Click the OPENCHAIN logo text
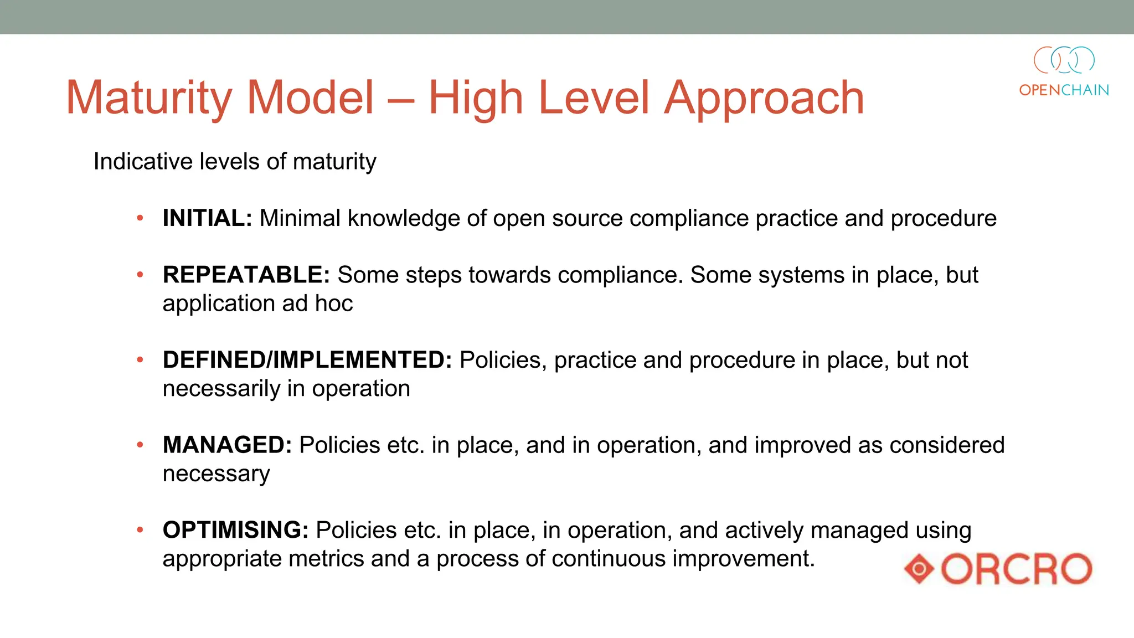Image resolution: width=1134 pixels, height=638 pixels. pos(1064,90)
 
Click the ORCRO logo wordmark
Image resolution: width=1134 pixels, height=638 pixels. pos(1017,569)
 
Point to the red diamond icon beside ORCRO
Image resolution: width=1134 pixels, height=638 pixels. pos(920,569)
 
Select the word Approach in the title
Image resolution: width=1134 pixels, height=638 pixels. pos(764,99)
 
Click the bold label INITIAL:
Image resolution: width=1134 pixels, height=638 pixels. pos(207,218)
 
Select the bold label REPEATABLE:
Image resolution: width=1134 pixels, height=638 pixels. pos(246,275)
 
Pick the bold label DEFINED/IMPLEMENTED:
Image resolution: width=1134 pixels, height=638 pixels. pos(307,360)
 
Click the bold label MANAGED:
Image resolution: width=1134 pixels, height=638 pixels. pos(227,445)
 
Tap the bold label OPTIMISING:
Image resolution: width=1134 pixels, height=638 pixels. pos(235,530)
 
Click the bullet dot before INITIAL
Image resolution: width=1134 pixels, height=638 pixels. pos(140,218)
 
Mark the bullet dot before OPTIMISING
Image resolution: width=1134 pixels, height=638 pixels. pos(140,530)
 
